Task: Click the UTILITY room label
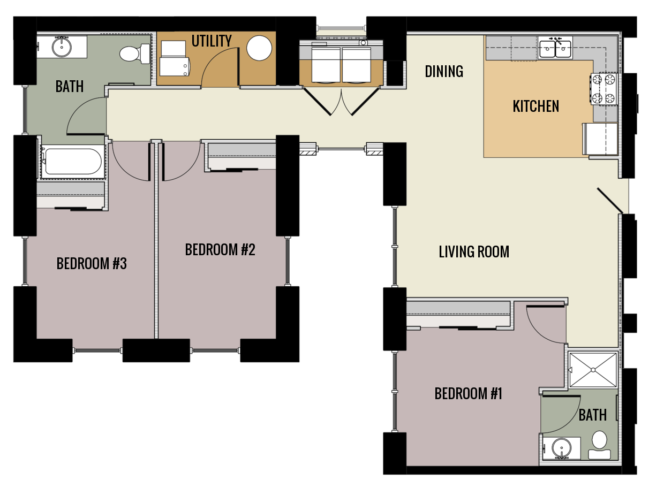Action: coord(212,41)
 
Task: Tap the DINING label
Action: coord(444,71)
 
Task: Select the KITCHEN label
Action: coord(535,106)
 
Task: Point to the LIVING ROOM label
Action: coord(474,251)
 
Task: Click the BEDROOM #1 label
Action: coord(468,394)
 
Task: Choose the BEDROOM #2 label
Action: coord(220,250)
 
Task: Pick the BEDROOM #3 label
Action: coord(92,264)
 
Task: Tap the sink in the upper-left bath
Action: coord(62,47)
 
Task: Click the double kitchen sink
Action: coord(555,49)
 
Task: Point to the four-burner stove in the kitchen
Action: coord(604,89)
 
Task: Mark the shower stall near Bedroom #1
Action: coord(593,369)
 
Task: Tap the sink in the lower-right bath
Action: coord(561,448)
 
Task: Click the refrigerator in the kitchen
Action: coord(601,139)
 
